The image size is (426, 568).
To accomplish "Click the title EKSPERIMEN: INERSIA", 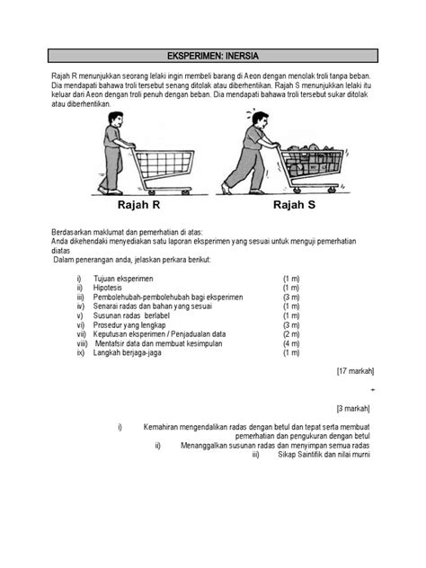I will point(212,55).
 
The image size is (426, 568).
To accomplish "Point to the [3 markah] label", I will point(357,407).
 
